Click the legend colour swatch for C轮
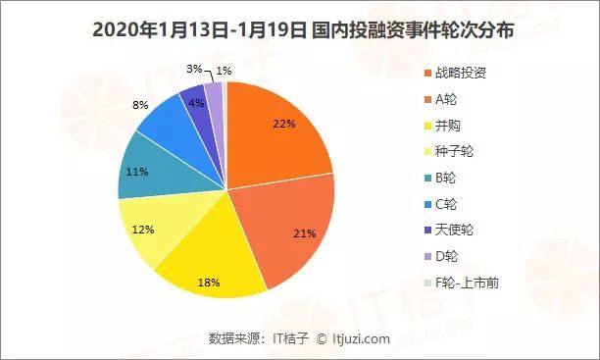point(428,205)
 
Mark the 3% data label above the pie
point(194,69)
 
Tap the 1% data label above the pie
point(225,70)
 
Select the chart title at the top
point(299,28)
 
